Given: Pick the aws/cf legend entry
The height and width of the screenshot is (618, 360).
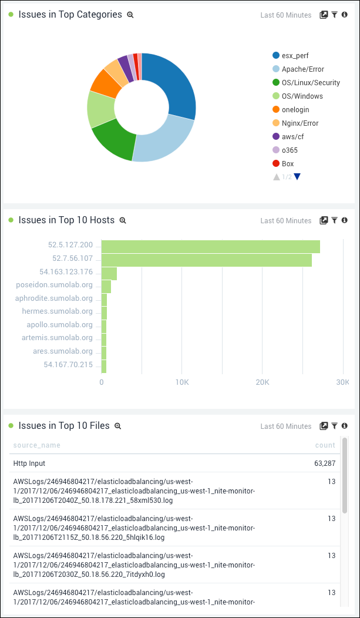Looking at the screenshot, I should pyautogui.click(x=292, y=137).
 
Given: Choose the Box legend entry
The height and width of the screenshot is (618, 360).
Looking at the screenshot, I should pyautogui.click(x=287, y=164).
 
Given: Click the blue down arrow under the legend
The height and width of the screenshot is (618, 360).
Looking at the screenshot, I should pyautogui.click(x=297, y=177).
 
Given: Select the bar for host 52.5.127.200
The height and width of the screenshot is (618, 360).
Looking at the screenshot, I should pyautogui.click(x=210, y=246).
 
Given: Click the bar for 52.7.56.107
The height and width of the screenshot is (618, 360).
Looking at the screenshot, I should pyautogui.click(x=206, y=260).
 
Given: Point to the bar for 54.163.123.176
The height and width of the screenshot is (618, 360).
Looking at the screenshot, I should pyautogui.click(x=109, y=273).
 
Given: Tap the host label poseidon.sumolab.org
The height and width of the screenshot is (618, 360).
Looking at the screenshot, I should pyautogui.click(x=55, y=285).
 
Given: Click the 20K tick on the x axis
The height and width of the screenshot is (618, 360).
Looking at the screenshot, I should pyautogui.click(x=263, y=382).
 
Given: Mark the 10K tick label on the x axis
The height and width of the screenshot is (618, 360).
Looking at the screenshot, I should pyautogui.click(x=182, y=382).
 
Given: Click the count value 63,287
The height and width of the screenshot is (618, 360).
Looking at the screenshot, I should pyautogui.click(x=325, y=463).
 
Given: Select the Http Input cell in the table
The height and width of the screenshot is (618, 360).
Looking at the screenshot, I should pyautogui.click(x=29, y=463).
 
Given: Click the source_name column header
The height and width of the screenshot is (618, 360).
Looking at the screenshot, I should pyautogui.click(x=36, y=445).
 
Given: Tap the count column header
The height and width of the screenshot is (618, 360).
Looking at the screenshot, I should pyautogui.click(x=325, y=445).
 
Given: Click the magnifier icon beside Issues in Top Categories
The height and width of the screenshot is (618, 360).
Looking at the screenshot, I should pyautogui.click(x=130, y=15).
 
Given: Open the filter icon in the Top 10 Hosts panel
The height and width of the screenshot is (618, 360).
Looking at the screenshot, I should pyautogui.click(x=334, y=220).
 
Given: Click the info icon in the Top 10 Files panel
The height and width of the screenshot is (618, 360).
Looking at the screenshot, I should pyautogui.click(x=345, y=426).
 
